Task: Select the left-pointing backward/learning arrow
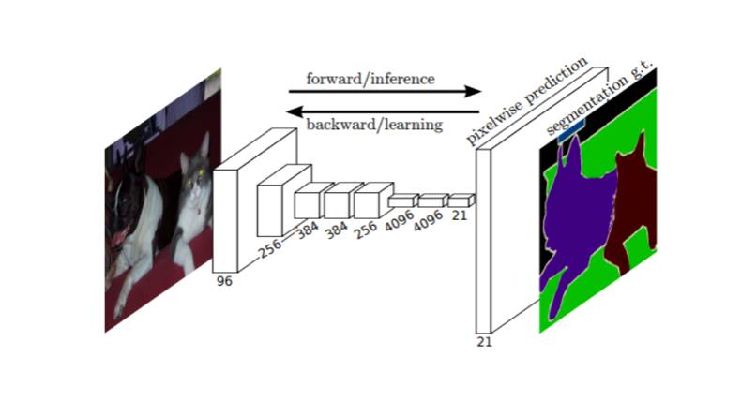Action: (385, 111)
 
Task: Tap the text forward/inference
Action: (370, 79)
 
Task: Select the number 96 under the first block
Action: (223, 280)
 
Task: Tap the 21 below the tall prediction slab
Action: (484, 341)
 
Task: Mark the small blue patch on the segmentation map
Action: (566, 134)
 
